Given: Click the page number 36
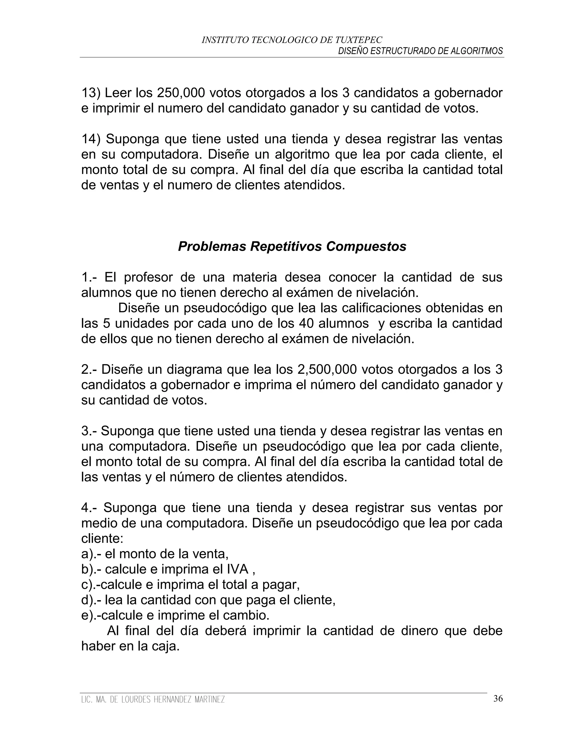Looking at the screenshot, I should pyautogui.click(x=498, y=699).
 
